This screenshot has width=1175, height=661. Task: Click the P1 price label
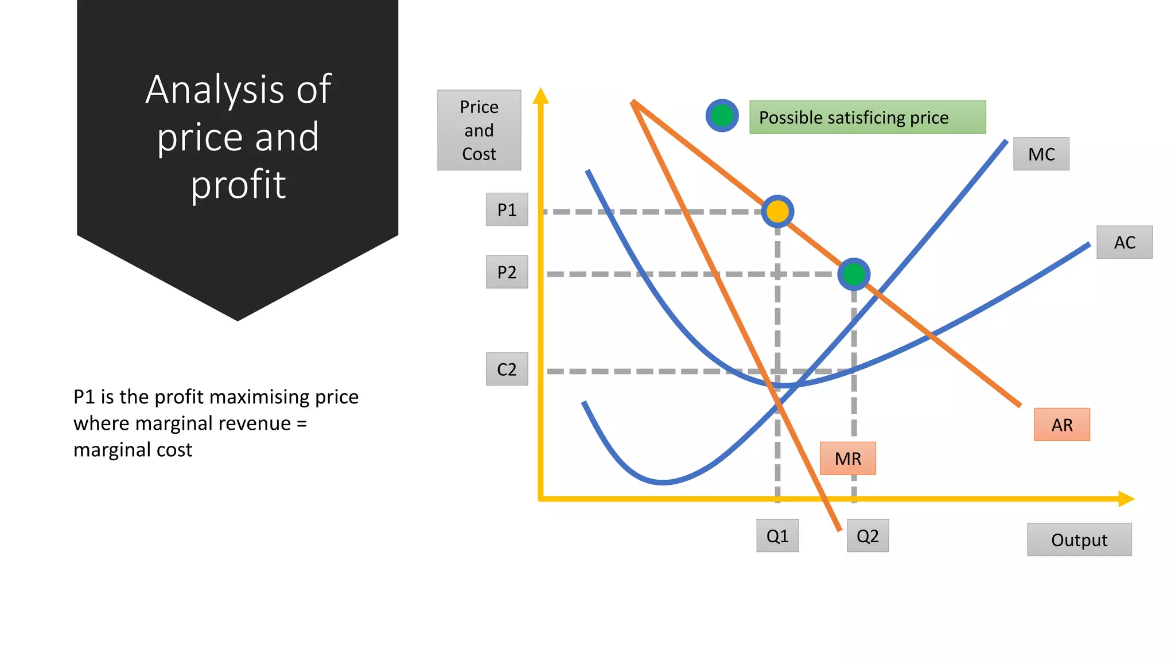click(x=507, y=209)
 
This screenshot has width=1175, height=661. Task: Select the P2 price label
click(x=507, y=272)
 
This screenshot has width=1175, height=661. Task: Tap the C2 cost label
click(x=507, y=369)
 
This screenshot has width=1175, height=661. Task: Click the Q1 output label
click(x=777, y=536)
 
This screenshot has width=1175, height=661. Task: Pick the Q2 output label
click(x=867, y=536)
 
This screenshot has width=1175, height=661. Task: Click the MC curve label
click(x=1041, y=154)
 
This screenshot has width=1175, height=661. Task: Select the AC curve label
click(x=1125, y=242)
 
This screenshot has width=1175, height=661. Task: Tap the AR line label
click(x=1062, y=425)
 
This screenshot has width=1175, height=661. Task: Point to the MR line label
click(x=848, y=458)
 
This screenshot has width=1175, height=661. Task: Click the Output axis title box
click(x=1079, y=539)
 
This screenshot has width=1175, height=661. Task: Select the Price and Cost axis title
click(x=479, y=130)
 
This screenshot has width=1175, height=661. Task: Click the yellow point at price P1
click(x=777, y=212)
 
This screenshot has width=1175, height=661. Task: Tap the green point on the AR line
click(x=854, y=274)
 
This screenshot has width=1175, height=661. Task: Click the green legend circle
click(x=722, y=116)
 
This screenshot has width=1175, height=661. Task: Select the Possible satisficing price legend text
click(x=854, y=118)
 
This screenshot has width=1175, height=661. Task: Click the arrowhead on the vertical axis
click(x=540, y=96)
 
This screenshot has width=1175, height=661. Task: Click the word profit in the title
click(x=238, y=185)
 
